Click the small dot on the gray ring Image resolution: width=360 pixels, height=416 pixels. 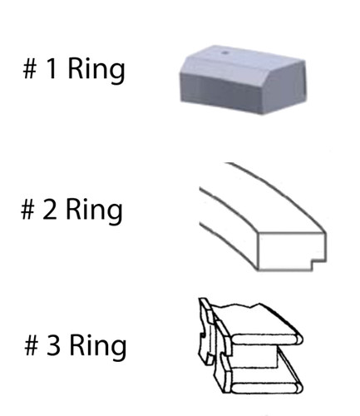tap(225, 52)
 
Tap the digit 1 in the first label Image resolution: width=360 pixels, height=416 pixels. tap(52, 69)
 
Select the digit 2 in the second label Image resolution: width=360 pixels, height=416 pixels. tap(50, 210)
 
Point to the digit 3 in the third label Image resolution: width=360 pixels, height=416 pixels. tap(53, 345)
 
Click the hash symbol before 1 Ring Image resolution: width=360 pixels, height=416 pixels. tap(30, 69)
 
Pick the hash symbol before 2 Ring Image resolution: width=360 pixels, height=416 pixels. tap(27, 210)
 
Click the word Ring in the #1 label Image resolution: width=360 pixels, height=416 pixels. tap(96, 71)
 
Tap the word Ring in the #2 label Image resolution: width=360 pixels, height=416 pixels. tap(94, 211)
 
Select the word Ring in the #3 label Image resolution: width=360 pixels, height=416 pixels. tap(98, 347)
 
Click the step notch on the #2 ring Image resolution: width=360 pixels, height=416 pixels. tap(318, 265)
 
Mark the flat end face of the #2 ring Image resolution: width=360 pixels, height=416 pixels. tap(291, 251)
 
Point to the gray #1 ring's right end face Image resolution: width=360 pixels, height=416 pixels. tap(284, 86)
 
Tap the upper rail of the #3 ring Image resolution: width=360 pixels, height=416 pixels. tap(266, 339)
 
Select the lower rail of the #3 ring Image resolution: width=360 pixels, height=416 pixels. tap(266, 388)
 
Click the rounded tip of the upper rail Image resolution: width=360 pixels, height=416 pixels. tap(298, 339)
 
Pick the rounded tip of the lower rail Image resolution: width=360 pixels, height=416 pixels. tap(298, 388)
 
